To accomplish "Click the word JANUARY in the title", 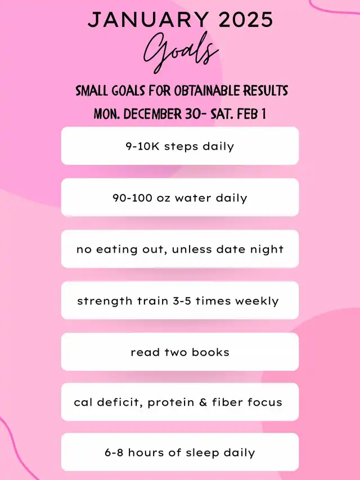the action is point(148,20).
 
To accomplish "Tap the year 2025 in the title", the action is point(246,20).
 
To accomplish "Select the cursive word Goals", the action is point(181,52).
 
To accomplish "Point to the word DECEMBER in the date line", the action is point(152,114).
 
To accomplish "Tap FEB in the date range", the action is point(247,114).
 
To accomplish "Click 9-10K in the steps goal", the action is point(143,146).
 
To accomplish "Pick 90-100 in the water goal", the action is point(132,198).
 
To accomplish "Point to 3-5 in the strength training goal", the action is point(182,300).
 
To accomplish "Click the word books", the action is point(210,352).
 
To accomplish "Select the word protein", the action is point(171,402).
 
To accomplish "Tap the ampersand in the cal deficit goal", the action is point(203,402).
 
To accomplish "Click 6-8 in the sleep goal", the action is point(114,452).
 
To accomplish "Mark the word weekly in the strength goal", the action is point(257,301).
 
